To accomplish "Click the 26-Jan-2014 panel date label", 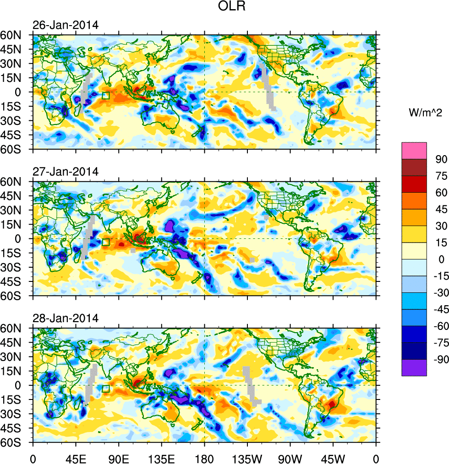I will [65, 25].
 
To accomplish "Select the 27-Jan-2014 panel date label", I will [65, 172].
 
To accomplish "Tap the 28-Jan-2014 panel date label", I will [65, 318].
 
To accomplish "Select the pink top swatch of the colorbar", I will [414, 151].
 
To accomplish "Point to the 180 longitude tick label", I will [204, 458].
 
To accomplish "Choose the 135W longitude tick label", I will [247, 458].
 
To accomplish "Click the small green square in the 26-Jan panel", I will [106, 96].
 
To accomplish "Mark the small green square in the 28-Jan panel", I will [106, 389].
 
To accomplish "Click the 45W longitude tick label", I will [333, 458].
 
